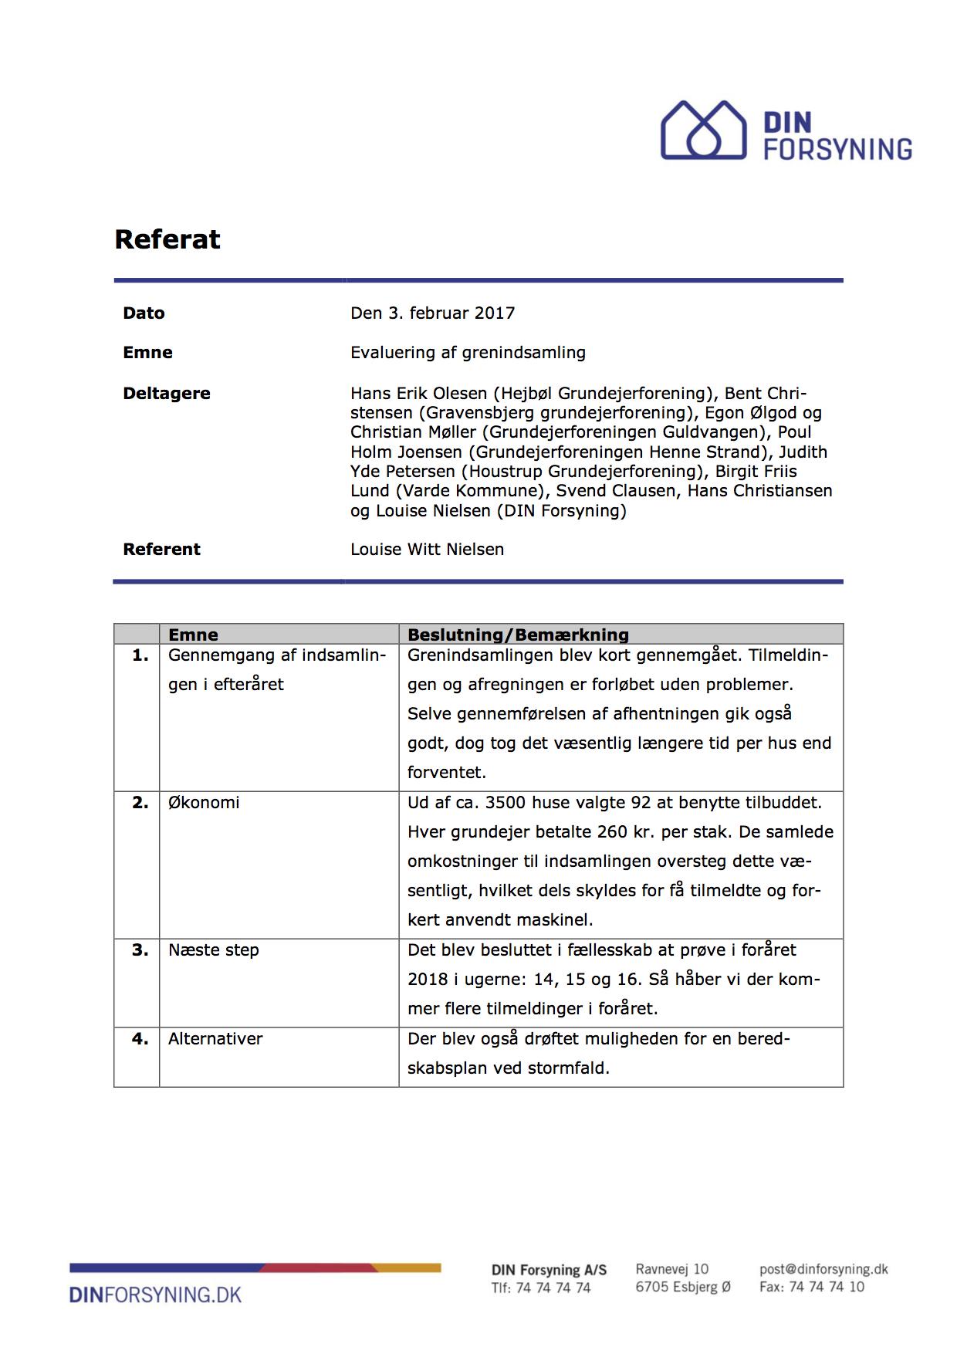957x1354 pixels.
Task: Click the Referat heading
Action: click(167, 239)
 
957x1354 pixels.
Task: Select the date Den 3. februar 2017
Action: click(432, 313)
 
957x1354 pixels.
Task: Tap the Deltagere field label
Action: click(166, 393)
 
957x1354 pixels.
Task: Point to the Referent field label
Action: click(161, 549)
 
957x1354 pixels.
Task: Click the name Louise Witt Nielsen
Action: click(427, 549)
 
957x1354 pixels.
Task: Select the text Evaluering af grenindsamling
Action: click(468, 352)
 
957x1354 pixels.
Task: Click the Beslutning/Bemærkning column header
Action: click(518, 635)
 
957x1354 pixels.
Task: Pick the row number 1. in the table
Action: click(140, 655)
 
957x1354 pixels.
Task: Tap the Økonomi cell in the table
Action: click(204, 802)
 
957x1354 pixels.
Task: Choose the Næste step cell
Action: click(214, 949)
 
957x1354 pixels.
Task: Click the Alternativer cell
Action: click(215, 1038)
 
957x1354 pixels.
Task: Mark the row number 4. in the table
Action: click(140, 1038)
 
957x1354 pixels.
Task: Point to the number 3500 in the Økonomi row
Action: click(506, 802)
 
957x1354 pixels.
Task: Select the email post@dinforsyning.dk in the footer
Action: click(823, 1269)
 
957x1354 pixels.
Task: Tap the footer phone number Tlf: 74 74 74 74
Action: click(541, 1288)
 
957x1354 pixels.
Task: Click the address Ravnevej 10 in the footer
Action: click(671, 1269)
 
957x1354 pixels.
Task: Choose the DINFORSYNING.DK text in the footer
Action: click(155, 1295)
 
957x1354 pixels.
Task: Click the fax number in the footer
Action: click(812, 1287)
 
